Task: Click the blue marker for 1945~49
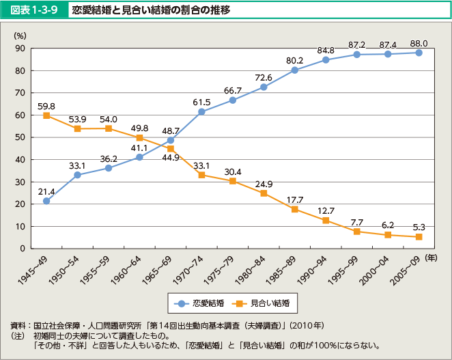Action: pos(46,201)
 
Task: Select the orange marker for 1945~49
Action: pos(46,115)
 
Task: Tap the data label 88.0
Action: pos(419,42)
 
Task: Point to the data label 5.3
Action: pos(419,227)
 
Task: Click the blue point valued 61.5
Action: pos(201,111)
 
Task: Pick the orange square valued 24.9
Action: pos(264,193)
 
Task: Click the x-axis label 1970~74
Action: pos(190,270)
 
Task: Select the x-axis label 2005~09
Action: pos(407,270)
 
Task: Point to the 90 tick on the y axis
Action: pos(20,49)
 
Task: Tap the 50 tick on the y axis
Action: pos(20,137)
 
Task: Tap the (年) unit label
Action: pos(432,258)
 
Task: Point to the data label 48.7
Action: pos(170,130)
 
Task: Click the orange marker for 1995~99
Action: pos(356,232)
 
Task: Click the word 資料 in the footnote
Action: pos(19,324)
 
